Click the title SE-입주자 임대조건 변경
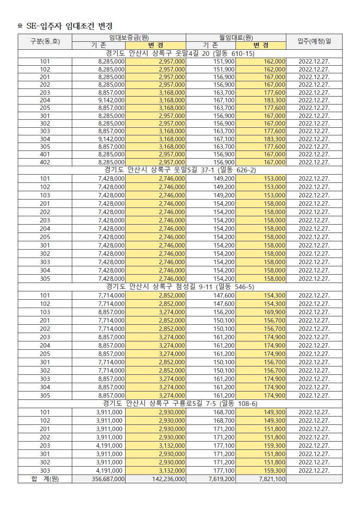[x=69, y=26]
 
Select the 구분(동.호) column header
[x=45, y=41]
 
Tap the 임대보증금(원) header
[x=129, y=38]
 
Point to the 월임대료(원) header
[x=236, y=38]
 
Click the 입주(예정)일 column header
[x=314, y=41]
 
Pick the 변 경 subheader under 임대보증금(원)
[x=156, y=45]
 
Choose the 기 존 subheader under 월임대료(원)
[x=210, y=45]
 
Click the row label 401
[x=45, y=155]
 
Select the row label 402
[x=45, y=162]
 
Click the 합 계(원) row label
[x=45, y=479]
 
